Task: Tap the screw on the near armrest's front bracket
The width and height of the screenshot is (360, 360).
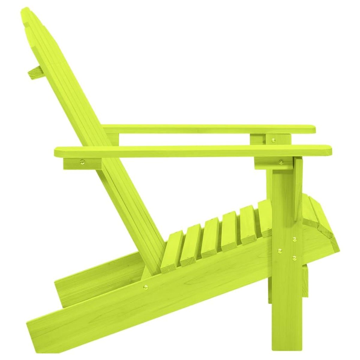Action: click(281, 162)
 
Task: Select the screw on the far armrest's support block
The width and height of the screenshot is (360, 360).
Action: click(273, 139)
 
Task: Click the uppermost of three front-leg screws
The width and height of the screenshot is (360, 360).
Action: click(294, 239)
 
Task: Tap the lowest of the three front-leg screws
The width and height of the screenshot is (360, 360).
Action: click(294, 257)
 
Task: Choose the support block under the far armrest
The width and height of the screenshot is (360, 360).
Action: click(258, 139)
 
